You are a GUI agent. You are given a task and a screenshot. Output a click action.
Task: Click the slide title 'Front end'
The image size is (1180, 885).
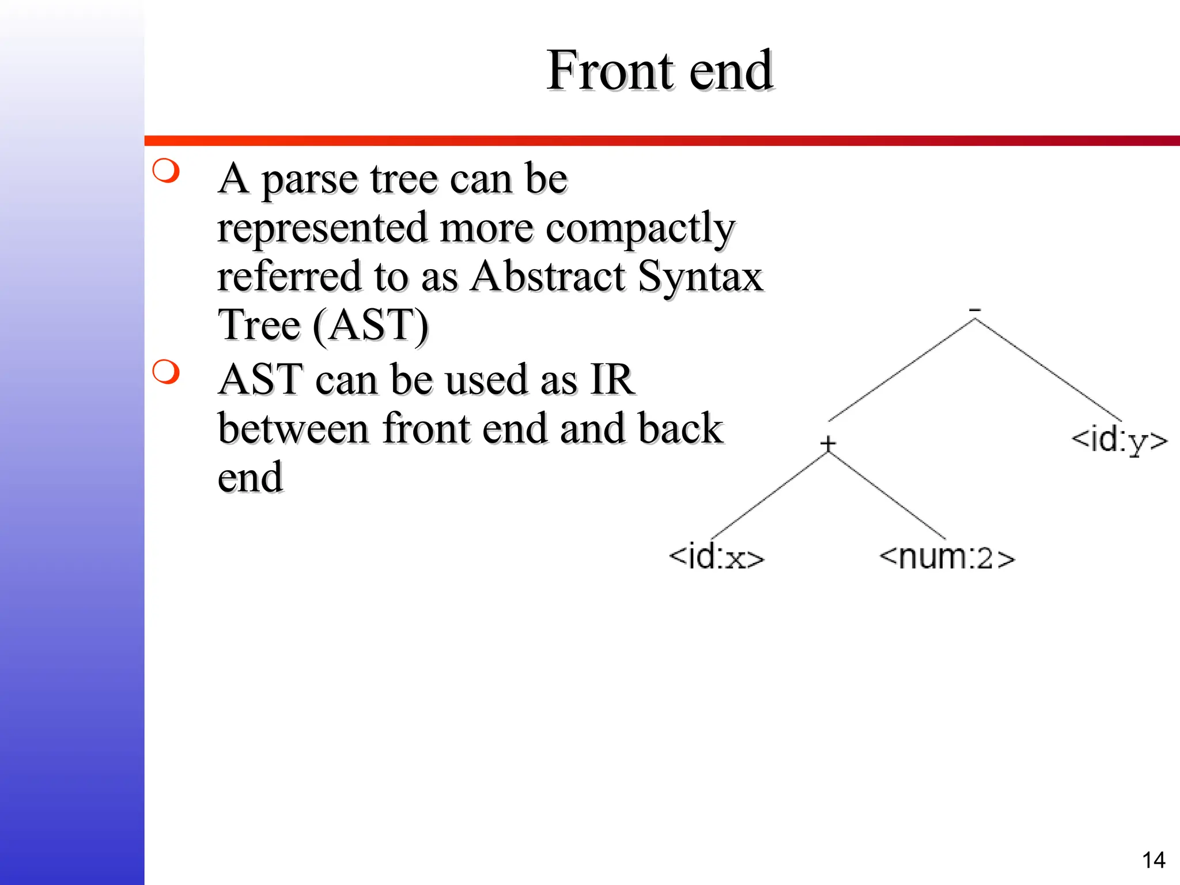(659, 70)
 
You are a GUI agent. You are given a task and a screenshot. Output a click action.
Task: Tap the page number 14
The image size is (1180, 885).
(1153, 860)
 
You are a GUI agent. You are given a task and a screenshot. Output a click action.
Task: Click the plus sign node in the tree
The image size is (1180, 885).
(828, 444)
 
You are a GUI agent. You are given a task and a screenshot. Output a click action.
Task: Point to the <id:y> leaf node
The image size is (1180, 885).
(1119, 441)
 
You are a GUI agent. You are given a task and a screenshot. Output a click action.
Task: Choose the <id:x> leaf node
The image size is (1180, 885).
(716, 557)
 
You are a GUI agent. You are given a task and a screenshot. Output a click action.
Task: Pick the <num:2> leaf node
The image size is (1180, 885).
(947, 557)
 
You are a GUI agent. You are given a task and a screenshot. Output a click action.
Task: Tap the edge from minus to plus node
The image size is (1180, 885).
(902, 370)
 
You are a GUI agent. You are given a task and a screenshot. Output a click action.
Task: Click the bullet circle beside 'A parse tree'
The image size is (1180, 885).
(167, 171)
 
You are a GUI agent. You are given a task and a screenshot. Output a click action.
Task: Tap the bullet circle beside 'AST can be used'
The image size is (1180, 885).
(167, 372)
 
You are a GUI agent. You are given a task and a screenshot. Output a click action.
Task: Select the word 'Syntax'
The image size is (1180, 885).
(700, 277)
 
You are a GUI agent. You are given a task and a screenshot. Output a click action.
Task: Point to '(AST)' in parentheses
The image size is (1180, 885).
(370, 326)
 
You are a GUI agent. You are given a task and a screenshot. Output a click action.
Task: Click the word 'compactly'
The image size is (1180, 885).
(640, 229)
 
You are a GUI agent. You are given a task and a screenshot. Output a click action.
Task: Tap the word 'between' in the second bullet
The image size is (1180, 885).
(293, 429)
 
